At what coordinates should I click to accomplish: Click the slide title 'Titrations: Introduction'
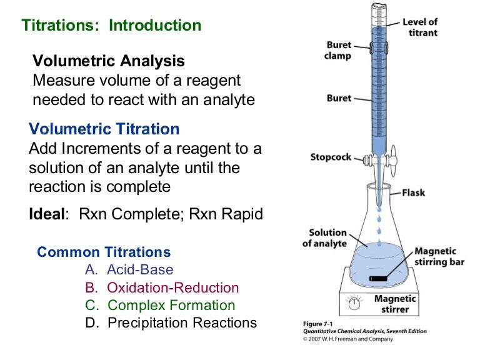(x=112, y=26)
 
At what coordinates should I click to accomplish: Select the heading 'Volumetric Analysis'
(x=109, y=61)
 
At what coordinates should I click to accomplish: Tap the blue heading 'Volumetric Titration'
(x=104, y=129)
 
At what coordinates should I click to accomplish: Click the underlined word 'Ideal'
(x=47, y=214)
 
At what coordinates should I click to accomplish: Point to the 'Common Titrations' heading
(x=104, y=252)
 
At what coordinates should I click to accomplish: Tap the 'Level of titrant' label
(x=420, y=27)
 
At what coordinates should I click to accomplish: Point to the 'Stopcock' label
(x=331, y=156)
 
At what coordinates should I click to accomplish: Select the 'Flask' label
(x=413, y=192)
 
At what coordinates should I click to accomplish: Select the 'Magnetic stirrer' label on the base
(x=395, y=304)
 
